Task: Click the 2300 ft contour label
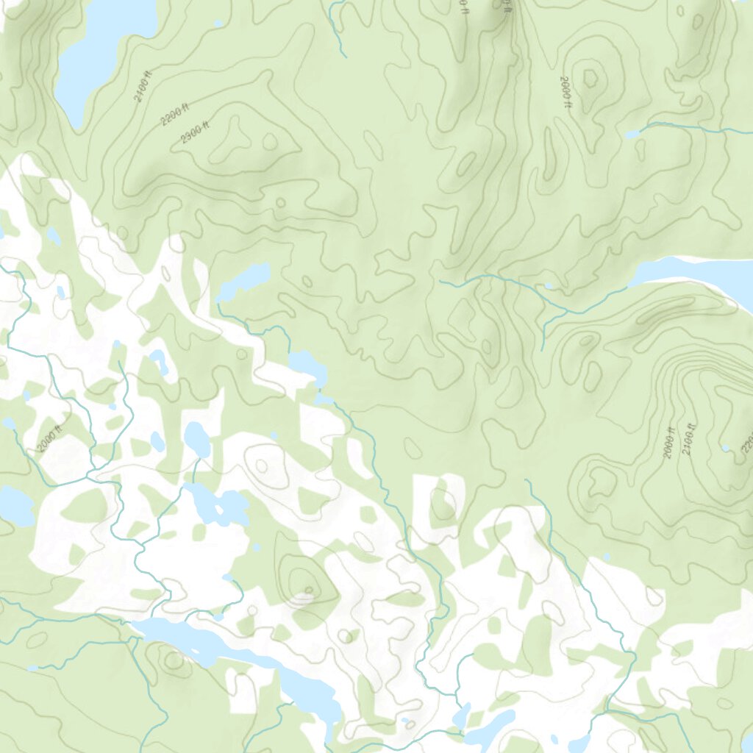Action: click(195, 132)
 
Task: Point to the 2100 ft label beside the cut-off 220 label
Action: click(688, 438)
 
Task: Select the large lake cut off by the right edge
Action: click(699, 272)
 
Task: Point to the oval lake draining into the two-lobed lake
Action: click(196, 439)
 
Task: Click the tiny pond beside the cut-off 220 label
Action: click(726, 448)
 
